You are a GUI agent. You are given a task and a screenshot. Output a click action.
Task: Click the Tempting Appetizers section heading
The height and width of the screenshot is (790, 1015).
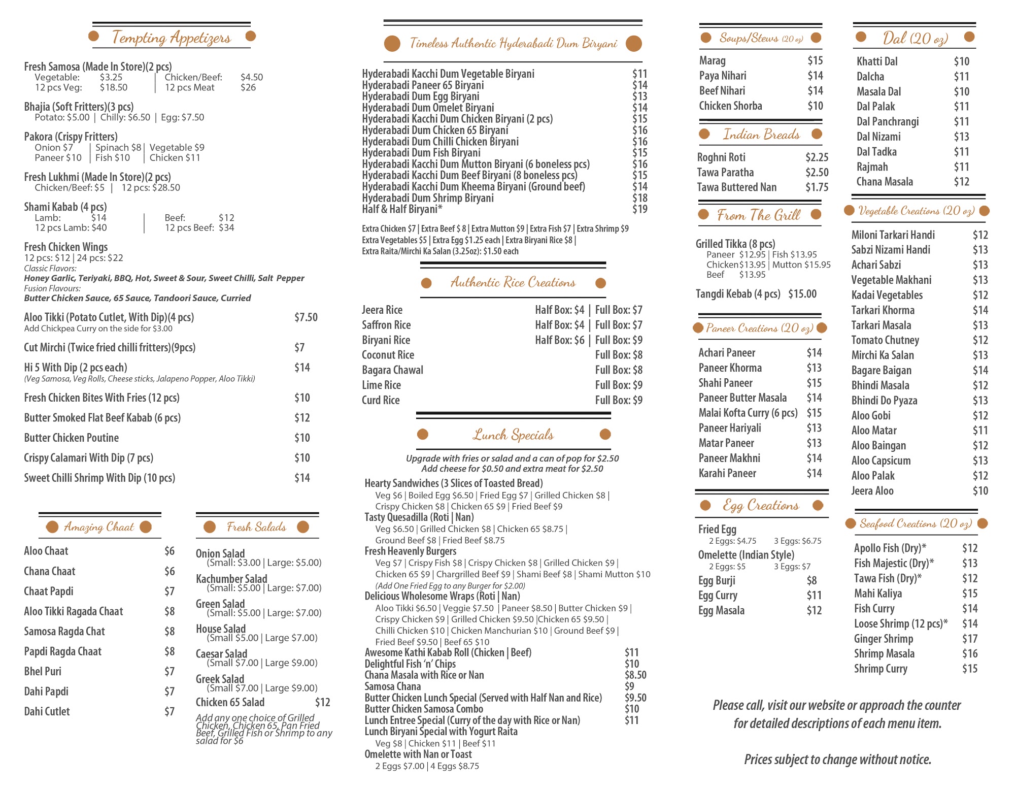point(172,37)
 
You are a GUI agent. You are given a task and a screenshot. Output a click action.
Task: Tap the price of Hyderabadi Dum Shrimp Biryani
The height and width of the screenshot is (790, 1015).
point(639,198)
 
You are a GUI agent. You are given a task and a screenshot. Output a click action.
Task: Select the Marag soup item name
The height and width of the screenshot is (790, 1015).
point(712,61)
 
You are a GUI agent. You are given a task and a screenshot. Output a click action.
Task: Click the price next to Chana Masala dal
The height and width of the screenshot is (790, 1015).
point(961,182)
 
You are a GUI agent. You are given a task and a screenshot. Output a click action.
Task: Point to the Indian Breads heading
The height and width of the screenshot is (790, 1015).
point(761,135)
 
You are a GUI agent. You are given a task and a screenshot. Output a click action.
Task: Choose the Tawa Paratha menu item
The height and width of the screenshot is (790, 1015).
point(725,173)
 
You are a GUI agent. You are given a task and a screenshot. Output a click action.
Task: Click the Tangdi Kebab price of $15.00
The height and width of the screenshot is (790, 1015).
point(802,294)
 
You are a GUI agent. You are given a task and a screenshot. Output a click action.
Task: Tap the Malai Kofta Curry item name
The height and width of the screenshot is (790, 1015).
point(748,413)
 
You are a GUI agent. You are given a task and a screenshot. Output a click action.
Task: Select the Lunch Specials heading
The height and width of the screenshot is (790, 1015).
point(513,435)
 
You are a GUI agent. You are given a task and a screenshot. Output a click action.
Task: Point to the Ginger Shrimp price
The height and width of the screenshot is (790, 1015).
point(969,639)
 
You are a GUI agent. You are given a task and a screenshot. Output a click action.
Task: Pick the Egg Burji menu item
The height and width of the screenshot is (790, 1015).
point(717,580)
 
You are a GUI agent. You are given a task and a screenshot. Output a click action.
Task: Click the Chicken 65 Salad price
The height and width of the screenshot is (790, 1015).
point(322,702)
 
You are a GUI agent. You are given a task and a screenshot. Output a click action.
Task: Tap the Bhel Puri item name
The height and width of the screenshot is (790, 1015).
point(43,671)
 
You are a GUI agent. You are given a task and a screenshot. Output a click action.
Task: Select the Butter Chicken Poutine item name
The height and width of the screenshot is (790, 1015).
point(71,438)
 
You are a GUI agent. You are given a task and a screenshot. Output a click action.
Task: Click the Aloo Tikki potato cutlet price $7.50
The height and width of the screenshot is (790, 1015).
point(306,317)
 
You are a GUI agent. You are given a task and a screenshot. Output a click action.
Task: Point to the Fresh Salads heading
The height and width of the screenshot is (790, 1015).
point(256,527)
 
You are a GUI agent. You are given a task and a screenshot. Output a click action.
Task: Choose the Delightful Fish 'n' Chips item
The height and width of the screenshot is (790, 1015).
point(410,664)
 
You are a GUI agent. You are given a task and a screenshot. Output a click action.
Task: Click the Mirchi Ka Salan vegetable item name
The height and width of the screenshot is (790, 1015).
point(882,355)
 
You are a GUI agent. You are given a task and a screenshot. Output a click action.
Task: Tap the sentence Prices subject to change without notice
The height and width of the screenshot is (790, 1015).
point(837,760)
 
